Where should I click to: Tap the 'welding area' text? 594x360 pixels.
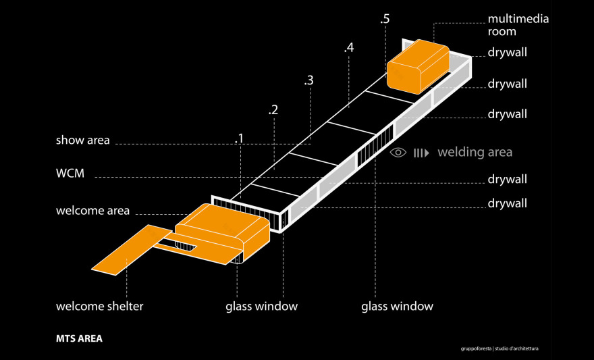[475, 152]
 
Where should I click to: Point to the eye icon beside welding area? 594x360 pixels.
[398, 153]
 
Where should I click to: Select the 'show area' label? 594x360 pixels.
[82, 140]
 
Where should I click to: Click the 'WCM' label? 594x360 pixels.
[70, 174]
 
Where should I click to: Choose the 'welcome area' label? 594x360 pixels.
[92, 211]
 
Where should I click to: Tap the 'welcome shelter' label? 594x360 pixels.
[99, 307]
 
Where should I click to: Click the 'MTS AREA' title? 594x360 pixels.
[79, 338]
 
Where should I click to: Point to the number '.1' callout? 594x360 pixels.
[239, 138]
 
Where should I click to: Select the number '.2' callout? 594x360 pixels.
[273, 109]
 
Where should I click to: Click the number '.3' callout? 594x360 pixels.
[308, 80]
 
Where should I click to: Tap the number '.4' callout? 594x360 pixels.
[348, 48]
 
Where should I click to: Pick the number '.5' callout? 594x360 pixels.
[384, 19]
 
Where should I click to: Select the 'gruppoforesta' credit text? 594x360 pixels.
[475, 349]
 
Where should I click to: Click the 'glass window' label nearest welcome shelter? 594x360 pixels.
[261, 307]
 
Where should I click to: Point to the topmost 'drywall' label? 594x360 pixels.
[507, 52]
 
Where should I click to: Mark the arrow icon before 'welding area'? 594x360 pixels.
[421, 153]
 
